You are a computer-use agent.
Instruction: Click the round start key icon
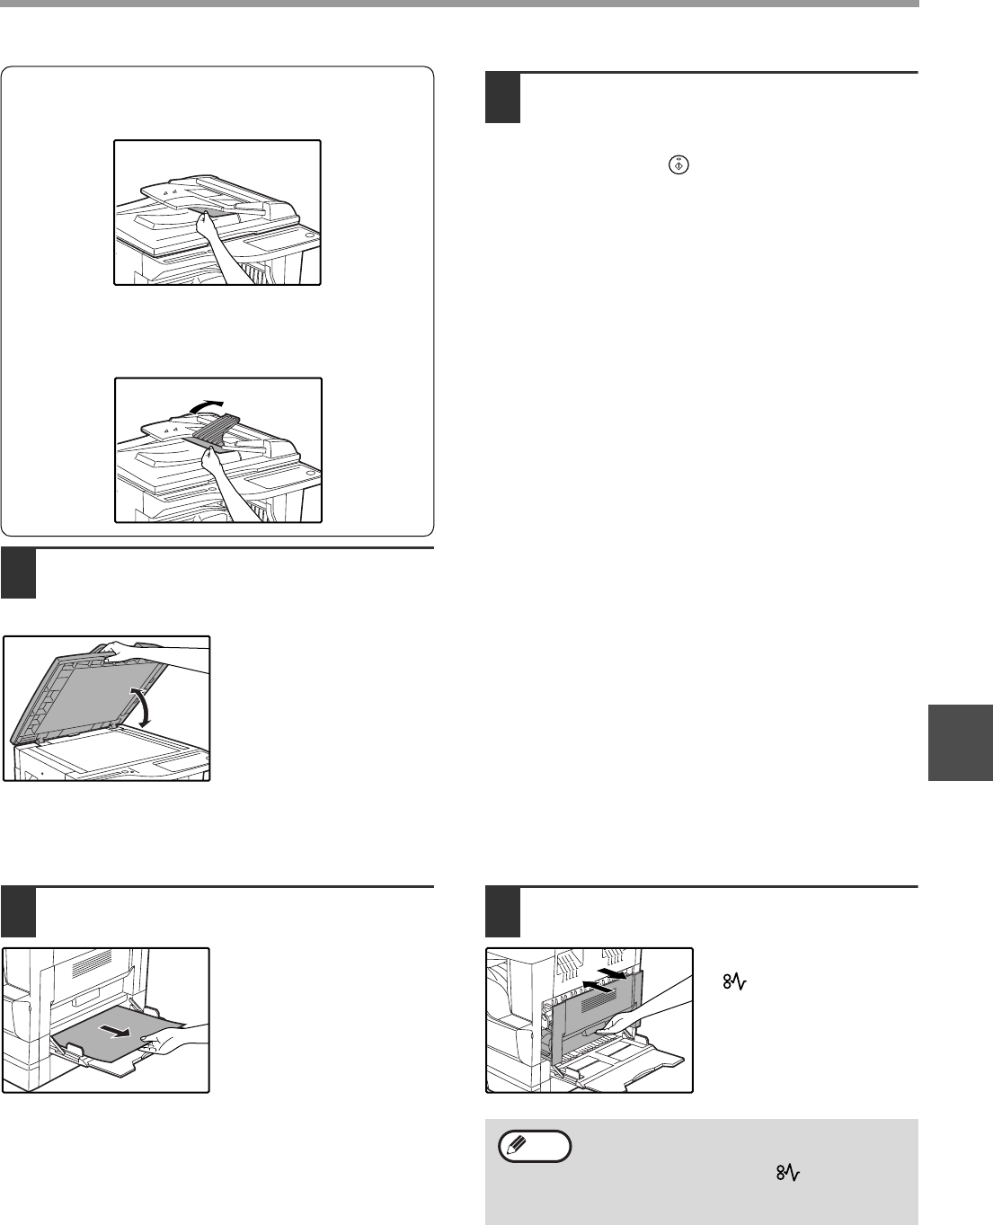679,165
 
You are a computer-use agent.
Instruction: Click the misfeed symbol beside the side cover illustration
735,981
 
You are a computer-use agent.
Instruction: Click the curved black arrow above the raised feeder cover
206,405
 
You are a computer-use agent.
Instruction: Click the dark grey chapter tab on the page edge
961,741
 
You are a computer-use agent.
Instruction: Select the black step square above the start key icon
502,98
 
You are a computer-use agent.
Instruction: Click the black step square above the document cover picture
18,574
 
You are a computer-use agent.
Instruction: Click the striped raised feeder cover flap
217,429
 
